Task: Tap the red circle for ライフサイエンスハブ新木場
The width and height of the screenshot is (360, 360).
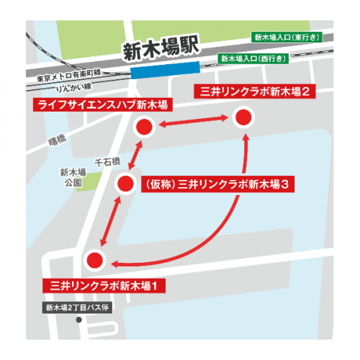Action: [x=145, y=128]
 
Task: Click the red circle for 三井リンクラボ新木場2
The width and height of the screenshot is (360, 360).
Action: [x=244, y=117]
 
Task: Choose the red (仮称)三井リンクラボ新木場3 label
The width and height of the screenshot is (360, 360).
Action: [x=217, y=184]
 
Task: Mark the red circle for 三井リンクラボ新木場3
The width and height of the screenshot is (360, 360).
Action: [x=126, y=184]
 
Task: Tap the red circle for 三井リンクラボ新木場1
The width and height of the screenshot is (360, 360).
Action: [x=95, y=260]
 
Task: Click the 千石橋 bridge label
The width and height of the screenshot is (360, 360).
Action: [x=107, y=160]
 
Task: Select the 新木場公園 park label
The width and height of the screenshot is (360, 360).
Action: [x=73, y=178]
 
